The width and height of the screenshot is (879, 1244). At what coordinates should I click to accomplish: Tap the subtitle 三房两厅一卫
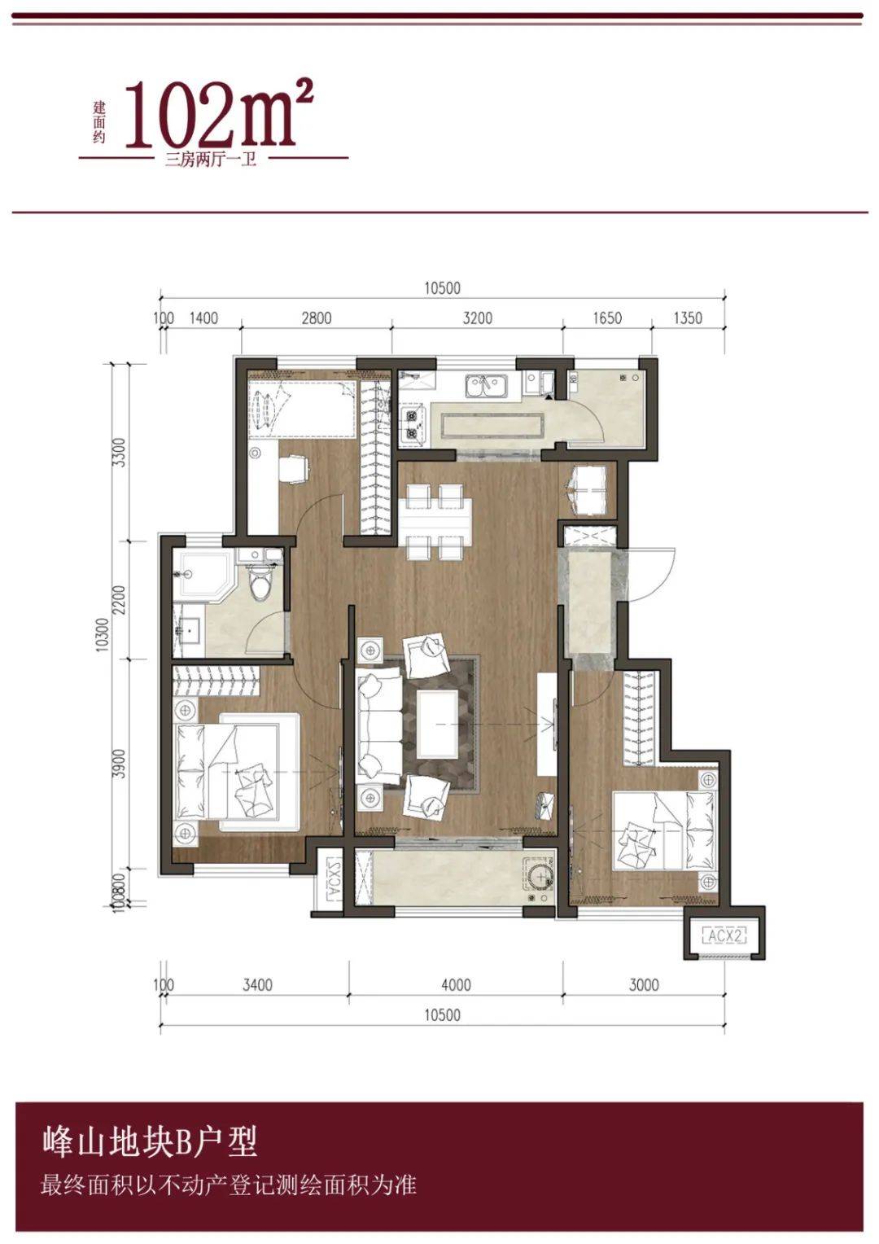[211, 161]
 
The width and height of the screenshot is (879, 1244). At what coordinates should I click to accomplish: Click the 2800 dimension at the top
[317, 318]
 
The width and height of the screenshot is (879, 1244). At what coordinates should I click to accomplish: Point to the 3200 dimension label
[478, 318]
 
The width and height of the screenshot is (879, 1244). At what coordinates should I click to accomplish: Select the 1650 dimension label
[607, 318]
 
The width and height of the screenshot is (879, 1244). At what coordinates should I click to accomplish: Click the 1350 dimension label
[688, 318]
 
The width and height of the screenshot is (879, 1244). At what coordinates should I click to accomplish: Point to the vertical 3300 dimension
[120, 452]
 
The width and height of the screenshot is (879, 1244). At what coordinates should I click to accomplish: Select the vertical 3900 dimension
[120, 764]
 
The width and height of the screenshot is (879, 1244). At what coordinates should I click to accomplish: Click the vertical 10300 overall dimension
[102, 635]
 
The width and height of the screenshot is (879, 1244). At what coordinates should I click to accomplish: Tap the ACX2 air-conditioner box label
[725, 935]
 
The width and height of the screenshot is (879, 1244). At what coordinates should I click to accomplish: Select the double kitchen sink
[487, 386]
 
